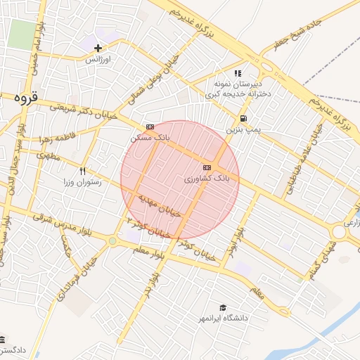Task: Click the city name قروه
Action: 22,99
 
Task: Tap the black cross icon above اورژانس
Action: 98,48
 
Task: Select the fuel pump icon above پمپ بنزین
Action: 243,119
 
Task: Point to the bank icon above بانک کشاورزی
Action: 206,167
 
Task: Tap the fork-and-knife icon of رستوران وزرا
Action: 82,171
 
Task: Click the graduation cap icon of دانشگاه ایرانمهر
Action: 223,308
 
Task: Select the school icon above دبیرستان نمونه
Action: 238,72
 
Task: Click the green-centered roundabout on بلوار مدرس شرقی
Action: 112,241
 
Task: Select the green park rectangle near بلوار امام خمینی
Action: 21,34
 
